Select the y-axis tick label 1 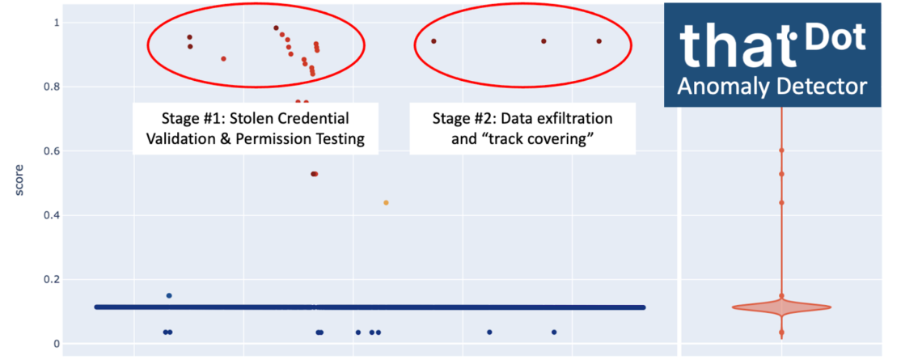coord(57,23)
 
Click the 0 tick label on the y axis coord(57,344)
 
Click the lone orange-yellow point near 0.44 coord(386,202)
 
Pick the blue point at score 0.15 coord(169,295)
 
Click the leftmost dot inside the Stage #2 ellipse coord(434,41)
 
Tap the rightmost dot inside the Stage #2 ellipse coord(598,41)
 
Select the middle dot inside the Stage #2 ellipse coord(543,41)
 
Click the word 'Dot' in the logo coord(839,38)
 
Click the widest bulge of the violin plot coord(782,307)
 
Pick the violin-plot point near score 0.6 coord(782,150)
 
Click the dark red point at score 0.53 coord(314,174)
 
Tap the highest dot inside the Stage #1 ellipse coord(276,28)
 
